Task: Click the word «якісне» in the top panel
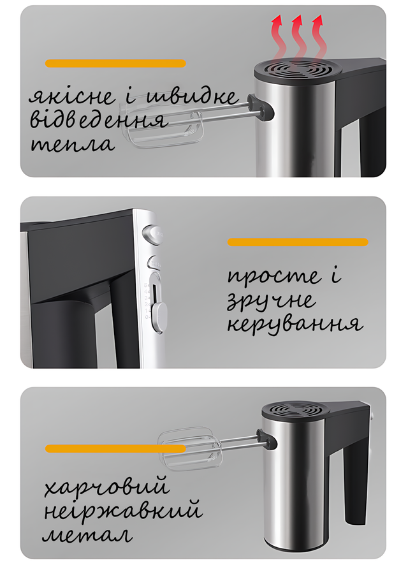72,96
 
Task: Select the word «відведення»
99,119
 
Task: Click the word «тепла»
73,144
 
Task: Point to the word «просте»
274,277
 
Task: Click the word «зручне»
271,301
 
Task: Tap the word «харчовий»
107,487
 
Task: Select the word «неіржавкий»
122,511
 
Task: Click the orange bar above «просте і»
298,242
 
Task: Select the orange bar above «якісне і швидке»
115,63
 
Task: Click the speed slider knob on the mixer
159,317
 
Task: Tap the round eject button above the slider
152,235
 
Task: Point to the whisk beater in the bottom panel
190,448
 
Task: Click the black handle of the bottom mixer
354,485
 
